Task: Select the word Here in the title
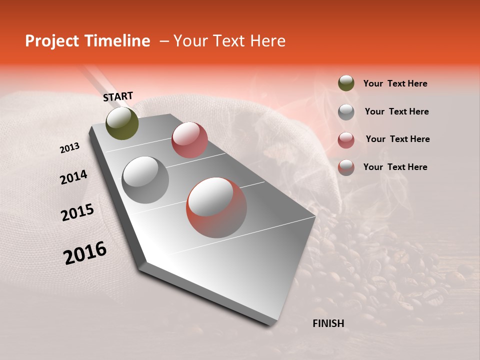[x=267, y=41]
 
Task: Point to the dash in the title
[x=163, y=41]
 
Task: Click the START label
[x=118, y=96]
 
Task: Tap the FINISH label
[x=328, y=323]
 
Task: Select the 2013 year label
[x=70, y=148]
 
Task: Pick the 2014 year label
[x=73, y=177]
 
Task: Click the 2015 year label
[x=77, y=212]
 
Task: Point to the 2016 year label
[x=85, y=253]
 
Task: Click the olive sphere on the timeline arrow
[x=122, y=123]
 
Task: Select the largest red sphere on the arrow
[x=216, y=207]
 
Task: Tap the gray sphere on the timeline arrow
[x=145, y=179]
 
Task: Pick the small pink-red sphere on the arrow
[x=189, y=139]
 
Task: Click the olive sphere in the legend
[x=346, y=83]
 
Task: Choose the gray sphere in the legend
[x=346, y=111]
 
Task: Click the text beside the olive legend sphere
[x=395, y=83]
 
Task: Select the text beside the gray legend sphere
[x=396, y=111]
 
